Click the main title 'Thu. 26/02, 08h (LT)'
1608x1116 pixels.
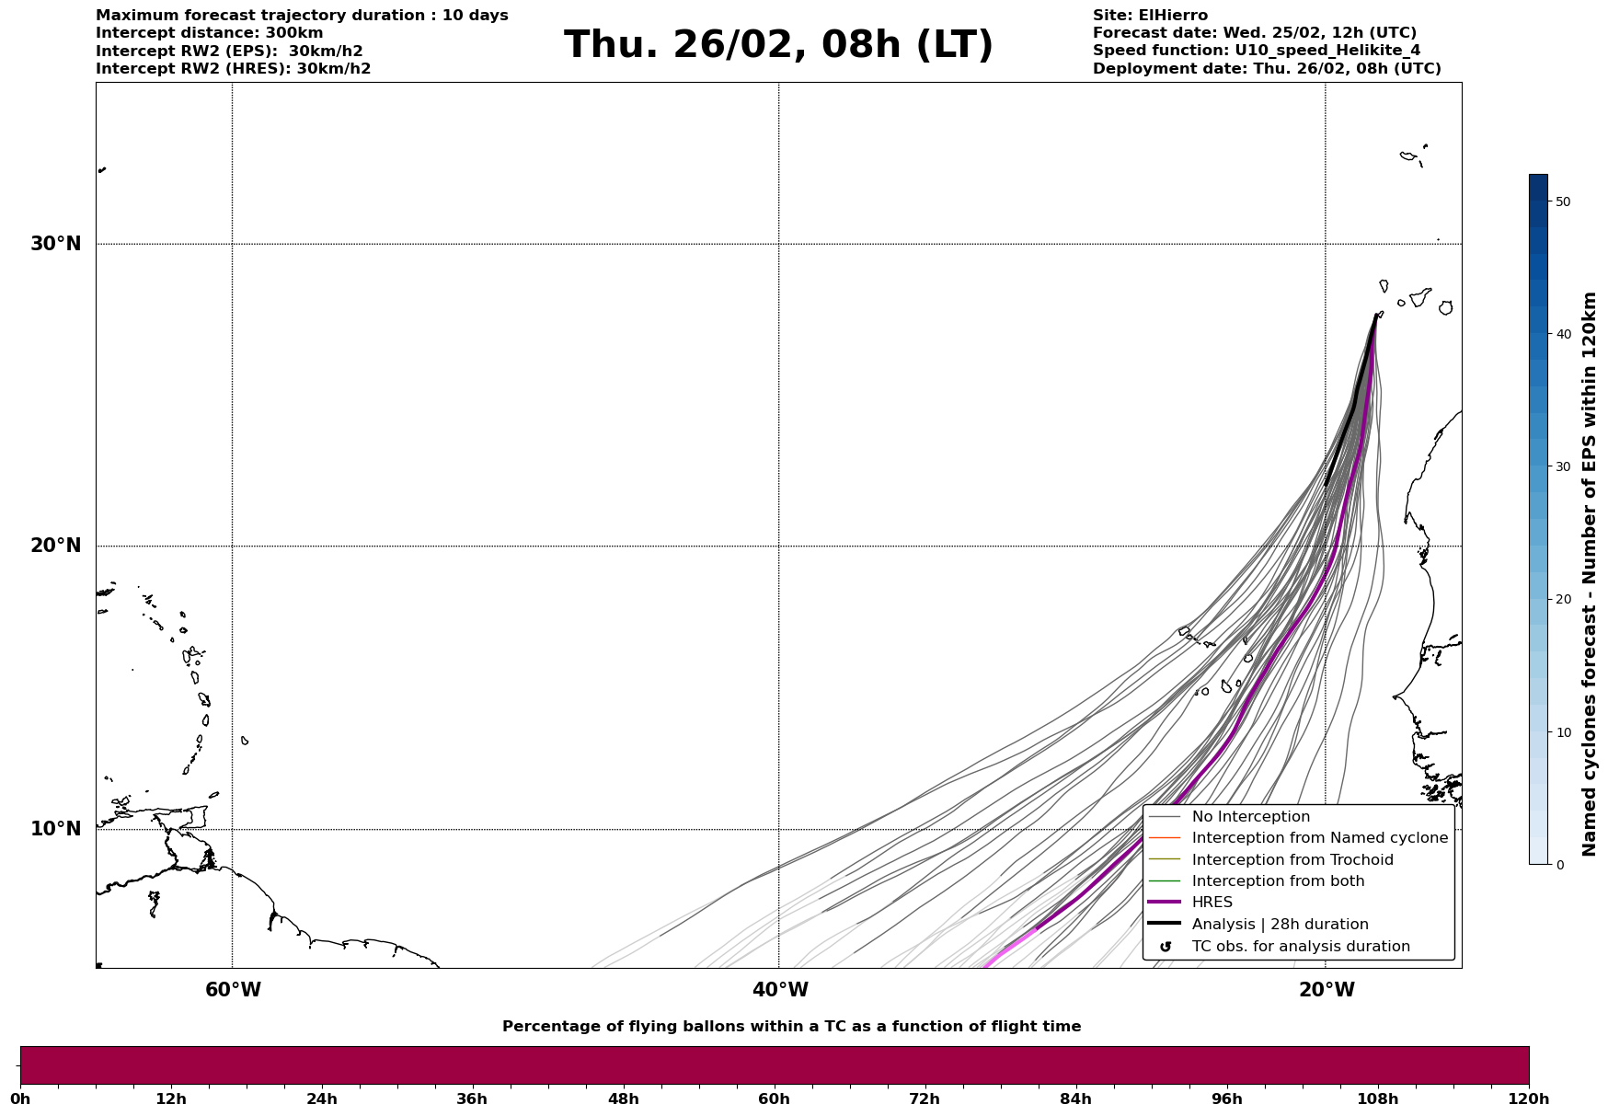pyautogui.click(x=778, y=45)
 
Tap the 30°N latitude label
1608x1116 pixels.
pyautogui.click(x=56, y=244)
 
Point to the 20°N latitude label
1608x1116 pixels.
pyautogui.click(x=56, y=546)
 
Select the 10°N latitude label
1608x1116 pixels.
pyautogui.click(x=56, y=829)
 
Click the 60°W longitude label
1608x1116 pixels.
pyautogui.click(x=233, y=990)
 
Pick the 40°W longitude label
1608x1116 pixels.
pyautogui.click(x=780, y=990)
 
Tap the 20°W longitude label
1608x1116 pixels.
pyautogui.click(x=1327, y=990)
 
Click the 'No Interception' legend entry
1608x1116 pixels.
pyautogui.click(x=1250, y=817)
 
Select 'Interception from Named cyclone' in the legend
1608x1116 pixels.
pyautogui.click(x=1319, y=838)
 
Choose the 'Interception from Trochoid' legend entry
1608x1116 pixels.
pyautogui.click(x=1292, y=860)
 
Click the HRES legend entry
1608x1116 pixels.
pyautogui.click(x=1212, y=903)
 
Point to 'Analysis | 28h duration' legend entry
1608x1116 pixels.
pyautogui.click(x=1280, y=925)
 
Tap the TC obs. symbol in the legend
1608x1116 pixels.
pyautogui.click(x=1166, y=947)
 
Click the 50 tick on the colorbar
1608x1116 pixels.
pyautogui.click(x=1562, y=201)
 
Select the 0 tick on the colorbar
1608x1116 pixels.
pyautogui.click(x=1558, y=865)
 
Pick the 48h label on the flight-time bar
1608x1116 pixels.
pyautogui.click(x=623, y=1099)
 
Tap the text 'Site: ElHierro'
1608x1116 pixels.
pyautogui.click(x=1150, y=16)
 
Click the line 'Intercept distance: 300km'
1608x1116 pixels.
pyautogui.click(x=209, y=33)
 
